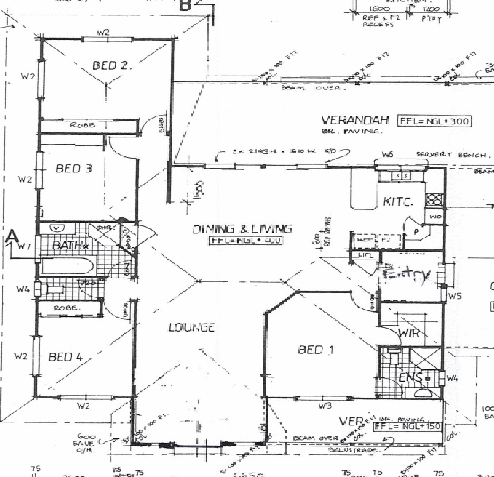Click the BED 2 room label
111,65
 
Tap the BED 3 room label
73,169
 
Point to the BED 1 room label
316,350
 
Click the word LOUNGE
191,327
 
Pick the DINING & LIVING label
242,229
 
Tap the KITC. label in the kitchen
398,201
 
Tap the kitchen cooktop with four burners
434,199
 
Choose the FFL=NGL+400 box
245,240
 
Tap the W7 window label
24,247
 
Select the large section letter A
11,236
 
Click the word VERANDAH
356,120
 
